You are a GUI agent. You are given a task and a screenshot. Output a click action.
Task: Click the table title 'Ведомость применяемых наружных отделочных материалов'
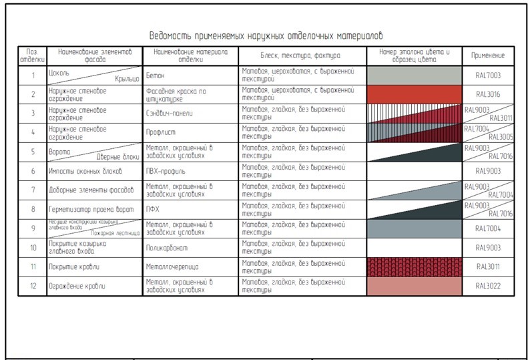pyautogui.click(x=266, y=35)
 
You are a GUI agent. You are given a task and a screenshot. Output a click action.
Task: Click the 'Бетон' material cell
pyautogui.click(x=155, y=75)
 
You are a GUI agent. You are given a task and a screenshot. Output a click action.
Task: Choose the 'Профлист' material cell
pyautogui.click(x=160, y=132)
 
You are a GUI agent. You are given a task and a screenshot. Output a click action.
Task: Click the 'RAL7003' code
pyautogui.click(x=488, y=75)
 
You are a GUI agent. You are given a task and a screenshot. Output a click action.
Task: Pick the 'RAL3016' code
pyautogui.click(x=488, y=94)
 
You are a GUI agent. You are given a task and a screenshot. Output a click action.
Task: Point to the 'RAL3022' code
pyautogui.click(x=488, y=286)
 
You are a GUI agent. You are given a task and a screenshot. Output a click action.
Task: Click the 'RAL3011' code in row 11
pyautogui.click(x=488, y=267)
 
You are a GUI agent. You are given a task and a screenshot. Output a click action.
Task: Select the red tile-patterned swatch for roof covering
pyautogui.click(x=414, y=267)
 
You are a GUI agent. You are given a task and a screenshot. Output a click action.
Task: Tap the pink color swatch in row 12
pyautogui.click(x=414, y=286)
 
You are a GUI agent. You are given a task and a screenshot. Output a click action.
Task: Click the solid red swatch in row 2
pyautogui.click(x=414, y=94)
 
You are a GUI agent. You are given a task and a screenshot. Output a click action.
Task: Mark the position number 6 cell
pyautogui.click(x=32, y=171)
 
